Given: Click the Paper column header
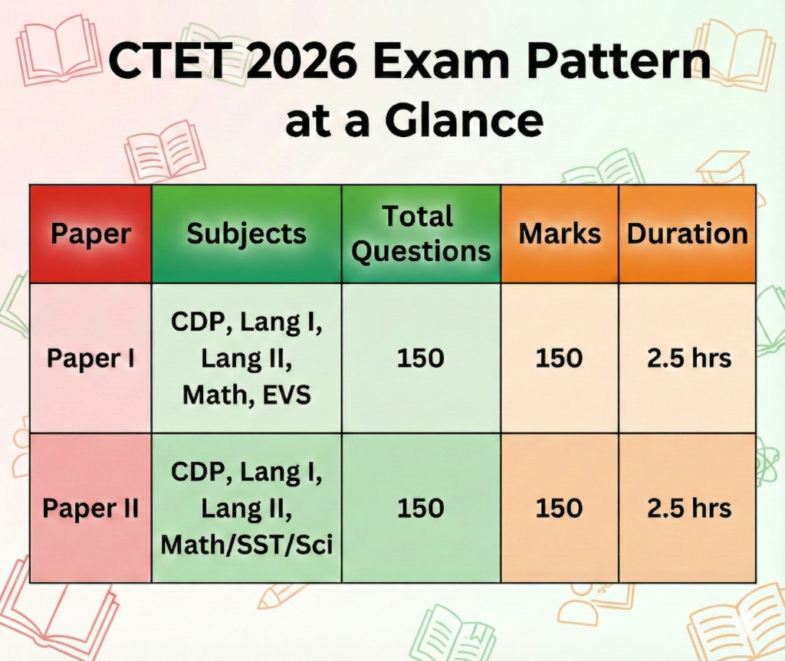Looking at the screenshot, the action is (x=90, y=234).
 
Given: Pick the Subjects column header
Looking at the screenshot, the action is (x=246, y=234).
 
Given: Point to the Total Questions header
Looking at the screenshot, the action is (x=421, y=234).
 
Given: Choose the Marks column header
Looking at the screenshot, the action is (x=560, y=234).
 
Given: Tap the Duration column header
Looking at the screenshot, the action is (x=688, y=234).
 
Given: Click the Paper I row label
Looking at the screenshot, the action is (x=90, y=358).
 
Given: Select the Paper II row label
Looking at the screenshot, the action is (x=90, y=509).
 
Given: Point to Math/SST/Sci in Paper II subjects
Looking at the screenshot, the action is (x=246, y=545).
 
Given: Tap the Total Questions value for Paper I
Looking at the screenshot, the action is (x=421, y=358).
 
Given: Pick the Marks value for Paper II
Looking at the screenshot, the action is (x=559, y=509).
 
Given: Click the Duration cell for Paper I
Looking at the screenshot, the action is (x=689, y=358).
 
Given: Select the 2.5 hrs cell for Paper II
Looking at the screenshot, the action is (x=689, y=509).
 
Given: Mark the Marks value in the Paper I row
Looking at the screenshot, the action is (x=559, y=358).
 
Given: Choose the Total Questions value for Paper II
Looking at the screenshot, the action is (x=421, y=509).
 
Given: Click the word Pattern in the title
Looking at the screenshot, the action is (x=619, y=60).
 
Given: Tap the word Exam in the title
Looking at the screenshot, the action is (x=442, y=60).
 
